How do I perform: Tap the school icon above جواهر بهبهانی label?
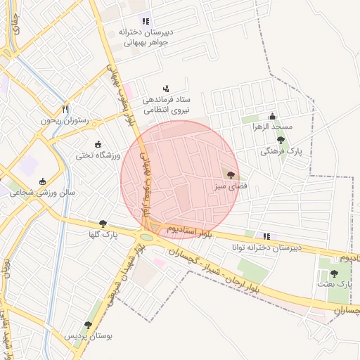pyautogui.click(x=146, y=22)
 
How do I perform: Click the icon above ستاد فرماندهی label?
pyautogui.click(x=166, y=89)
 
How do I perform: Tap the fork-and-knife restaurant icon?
pyautogui.click(x=65, y=109)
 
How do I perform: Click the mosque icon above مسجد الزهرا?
pyautogui.click(x=273, y=117)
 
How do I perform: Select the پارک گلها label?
pyautogui.click(x=103, y=235)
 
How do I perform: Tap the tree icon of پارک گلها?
pyautogui.click(x=103, y=224)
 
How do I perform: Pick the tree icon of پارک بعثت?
pyautogui.click(x=334, y=273)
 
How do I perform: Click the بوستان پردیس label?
pyautogui.click(x=89, y=336)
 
